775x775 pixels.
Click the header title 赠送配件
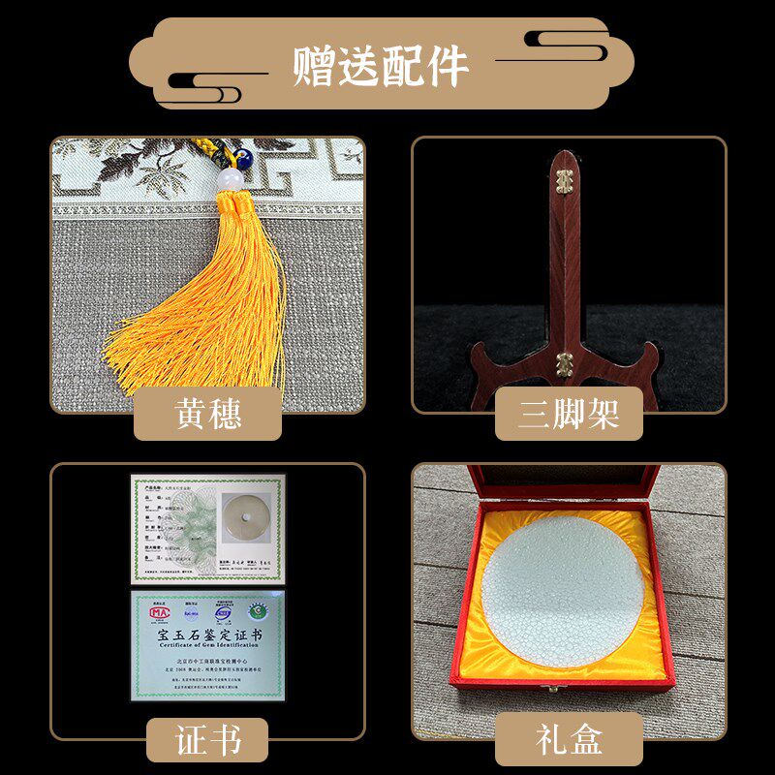381,66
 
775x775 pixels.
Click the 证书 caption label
207,739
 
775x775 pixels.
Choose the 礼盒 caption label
569,739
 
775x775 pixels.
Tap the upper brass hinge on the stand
565,180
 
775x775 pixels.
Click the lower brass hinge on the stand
564,360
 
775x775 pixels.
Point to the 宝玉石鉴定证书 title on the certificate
208,634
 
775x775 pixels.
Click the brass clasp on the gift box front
554,689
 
